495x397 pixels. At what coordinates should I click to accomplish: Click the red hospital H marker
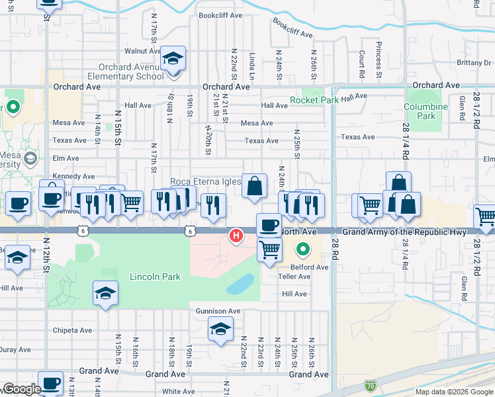coord(235,236)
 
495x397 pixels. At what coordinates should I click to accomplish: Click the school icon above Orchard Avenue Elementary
coord(173,59)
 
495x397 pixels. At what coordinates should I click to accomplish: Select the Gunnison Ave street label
coord(218,310)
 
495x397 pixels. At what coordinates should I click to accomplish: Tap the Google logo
coord(22,390)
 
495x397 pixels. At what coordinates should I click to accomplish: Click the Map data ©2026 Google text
coord(453,392)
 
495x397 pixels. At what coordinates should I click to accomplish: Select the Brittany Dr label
coord(473,63)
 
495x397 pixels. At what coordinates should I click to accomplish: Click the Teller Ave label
coord(294,277)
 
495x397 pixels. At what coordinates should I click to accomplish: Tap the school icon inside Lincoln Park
coord(105,294)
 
